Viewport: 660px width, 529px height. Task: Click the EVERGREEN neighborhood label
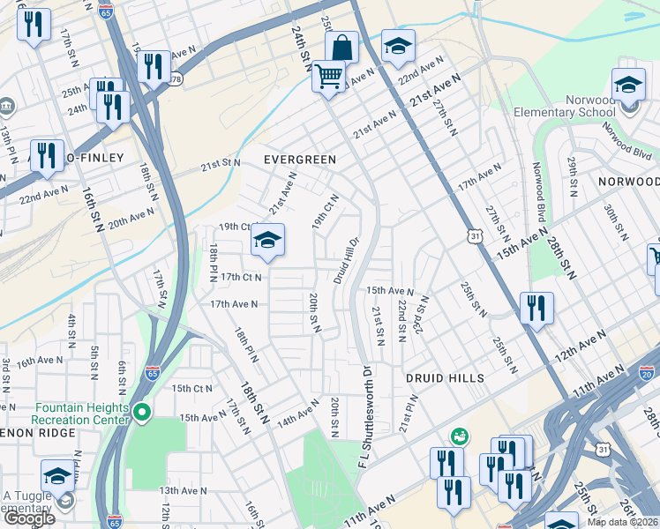pos(301,160)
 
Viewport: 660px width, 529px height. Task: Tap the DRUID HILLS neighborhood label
pos(446,378)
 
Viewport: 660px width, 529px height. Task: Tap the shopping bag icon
pos(341,47)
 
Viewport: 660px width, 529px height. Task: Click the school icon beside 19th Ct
pos(267,241)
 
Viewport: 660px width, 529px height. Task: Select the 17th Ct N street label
pos(242,277)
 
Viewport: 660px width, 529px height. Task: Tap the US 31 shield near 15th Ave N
pos(476,236)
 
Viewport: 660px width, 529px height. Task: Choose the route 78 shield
pos(176,80)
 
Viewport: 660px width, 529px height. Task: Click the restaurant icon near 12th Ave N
pos(536,309)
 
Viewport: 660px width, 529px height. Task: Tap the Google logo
pos(28,518)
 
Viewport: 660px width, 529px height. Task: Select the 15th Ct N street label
pos(192,388)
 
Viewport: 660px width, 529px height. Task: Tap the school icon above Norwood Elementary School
pos(628,85)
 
